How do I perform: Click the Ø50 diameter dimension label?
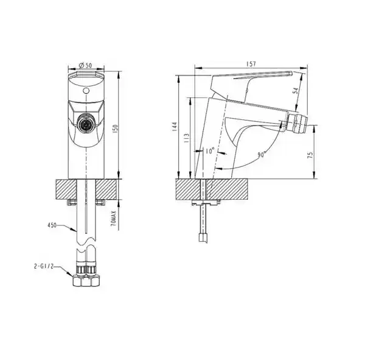point(85,66)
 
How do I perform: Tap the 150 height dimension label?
point(116,129)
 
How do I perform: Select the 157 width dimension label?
point(251,64)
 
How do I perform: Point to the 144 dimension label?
point(175,127)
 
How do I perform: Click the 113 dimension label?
point(187,138)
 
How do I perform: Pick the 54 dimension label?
point(295,91)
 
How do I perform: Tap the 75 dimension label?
point(310,155)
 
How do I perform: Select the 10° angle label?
point(209,151)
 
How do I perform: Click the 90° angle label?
point(262,155)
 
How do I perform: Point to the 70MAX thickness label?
point(113,219)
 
